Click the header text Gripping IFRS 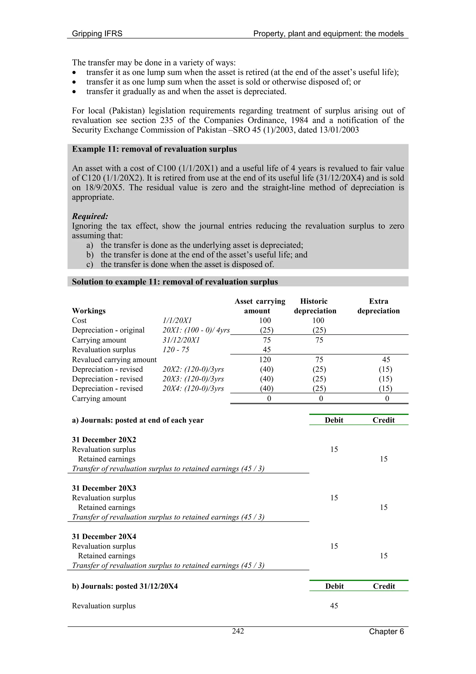coord(97,34)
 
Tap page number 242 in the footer coord(238,631)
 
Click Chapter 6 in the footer coord(386,631)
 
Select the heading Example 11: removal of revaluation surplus coord(154,149)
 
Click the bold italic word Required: coord(90,216)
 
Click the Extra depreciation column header coord(378,306)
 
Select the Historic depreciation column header coord(315,306)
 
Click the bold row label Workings coord(89,311)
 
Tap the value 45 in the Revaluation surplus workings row coord(267,350)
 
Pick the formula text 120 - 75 coord(176,350)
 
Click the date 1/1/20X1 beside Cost coord(177,321)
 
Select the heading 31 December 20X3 coord(104,488)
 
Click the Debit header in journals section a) coord(334,420)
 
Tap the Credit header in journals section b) coord(384,586)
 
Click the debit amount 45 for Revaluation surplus coord(334,606)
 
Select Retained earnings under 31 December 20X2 coord(106,459)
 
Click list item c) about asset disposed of coord(180,265)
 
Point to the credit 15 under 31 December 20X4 coord(384,556)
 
